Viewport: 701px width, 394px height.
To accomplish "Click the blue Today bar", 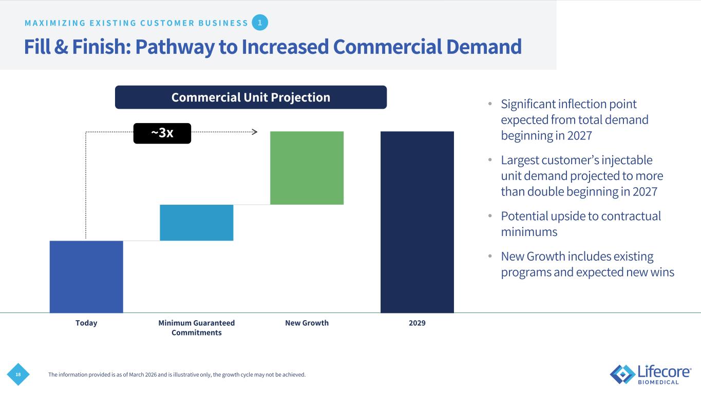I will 86,277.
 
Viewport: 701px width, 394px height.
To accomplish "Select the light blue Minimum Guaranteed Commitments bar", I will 197,223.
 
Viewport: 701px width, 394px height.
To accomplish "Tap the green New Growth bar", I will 307,168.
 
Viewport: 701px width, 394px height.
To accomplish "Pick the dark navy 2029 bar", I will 417,222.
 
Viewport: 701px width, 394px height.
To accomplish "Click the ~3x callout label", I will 162,133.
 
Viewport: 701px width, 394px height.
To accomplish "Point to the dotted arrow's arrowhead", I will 254,132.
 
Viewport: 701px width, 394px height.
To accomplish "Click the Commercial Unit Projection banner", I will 251,97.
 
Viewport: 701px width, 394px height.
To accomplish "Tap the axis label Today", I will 86,323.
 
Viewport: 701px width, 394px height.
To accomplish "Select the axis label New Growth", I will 307,323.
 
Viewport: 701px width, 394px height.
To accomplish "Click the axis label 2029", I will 417,323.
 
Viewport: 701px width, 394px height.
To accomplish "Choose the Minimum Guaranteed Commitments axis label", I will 197,328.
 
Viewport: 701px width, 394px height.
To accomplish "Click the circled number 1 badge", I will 260,23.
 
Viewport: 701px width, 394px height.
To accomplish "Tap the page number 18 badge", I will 18,375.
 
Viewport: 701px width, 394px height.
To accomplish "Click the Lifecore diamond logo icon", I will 622,374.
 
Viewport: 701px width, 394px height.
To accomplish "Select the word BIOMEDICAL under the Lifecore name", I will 658,382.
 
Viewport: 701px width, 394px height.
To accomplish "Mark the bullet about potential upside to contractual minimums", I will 581,224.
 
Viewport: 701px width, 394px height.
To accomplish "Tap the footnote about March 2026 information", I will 177,375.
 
